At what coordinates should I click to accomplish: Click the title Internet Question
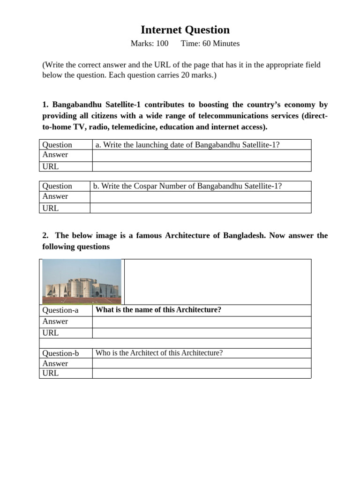[185, 30]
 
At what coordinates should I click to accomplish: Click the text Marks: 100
[149, 44]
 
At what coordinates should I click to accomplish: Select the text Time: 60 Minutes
[210, 44]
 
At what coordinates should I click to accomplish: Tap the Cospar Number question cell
[187, 186]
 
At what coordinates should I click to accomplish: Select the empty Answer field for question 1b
[200, 197]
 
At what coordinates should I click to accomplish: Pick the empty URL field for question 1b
[200, 208]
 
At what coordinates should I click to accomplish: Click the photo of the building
[82, 281]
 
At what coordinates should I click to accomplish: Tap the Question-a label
[60, 310]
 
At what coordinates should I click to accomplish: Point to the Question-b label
[60, 353]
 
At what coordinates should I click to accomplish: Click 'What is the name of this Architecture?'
[158, 310]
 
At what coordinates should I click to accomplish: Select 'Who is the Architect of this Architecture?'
[159, 353]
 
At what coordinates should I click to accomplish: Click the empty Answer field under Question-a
[202, 322]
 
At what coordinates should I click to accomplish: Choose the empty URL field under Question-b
[202, 373]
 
